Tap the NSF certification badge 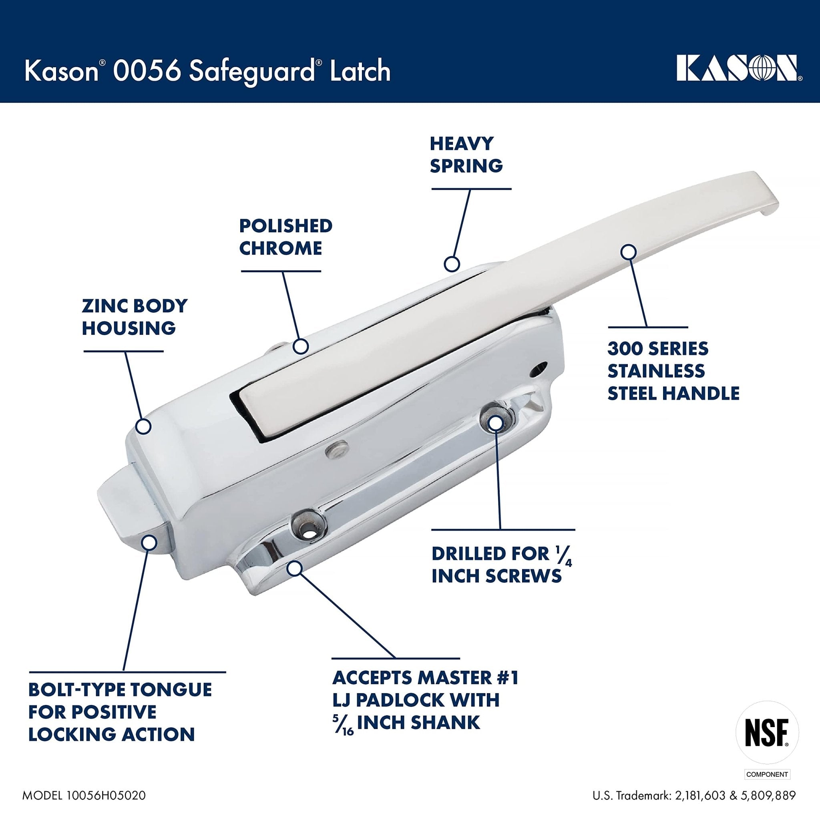767,733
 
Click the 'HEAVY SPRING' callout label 466,155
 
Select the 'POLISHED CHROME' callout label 285,237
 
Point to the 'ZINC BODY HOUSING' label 134,317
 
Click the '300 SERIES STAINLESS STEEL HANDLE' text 673,371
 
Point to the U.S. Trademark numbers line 694,795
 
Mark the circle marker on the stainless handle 628,252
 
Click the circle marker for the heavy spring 452,264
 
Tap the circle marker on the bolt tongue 149,543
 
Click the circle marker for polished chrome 301,346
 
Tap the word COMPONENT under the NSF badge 767,774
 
